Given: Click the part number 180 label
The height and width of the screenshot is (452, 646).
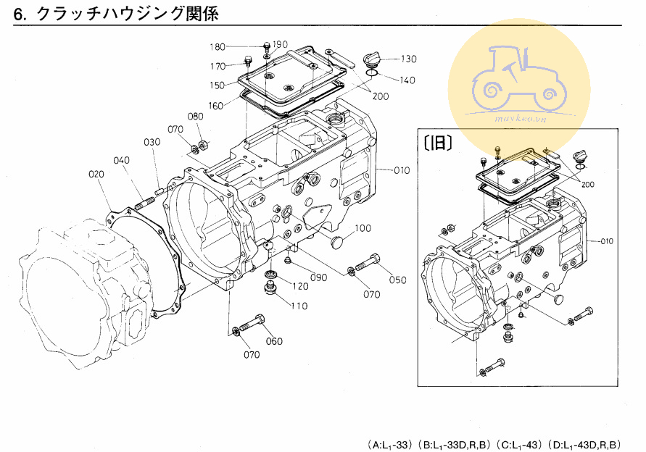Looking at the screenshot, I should coord(217,47).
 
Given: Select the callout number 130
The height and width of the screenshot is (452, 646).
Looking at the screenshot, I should coord(408,59).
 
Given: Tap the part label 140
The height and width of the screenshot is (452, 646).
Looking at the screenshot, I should coord(407,80).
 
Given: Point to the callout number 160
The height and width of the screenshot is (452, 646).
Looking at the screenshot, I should coord(215,106).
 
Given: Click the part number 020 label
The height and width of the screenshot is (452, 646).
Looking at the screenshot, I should coord(96,174).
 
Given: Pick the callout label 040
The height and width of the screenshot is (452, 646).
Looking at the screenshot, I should coord(121,160).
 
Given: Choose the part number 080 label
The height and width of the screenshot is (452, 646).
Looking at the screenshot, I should coord(196,116).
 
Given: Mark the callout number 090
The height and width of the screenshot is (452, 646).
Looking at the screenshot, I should coord(318,277).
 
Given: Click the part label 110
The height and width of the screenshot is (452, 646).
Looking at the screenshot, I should coord(299,306).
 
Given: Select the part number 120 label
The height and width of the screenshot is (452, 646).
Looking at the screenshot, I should coord(299,286).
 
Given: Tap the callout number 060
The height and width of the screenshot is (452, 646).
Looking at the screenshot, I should coord(273,341).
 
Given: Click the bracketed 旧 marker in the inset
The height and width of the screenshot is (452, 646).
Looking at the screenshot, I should coord(438,143).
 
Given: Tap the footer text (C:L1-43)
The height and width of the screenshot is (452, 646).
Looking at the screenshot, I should coord(519,443).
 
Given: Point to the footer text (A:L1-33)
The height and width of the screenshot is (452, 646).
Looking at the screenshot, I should coord(390,443).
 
